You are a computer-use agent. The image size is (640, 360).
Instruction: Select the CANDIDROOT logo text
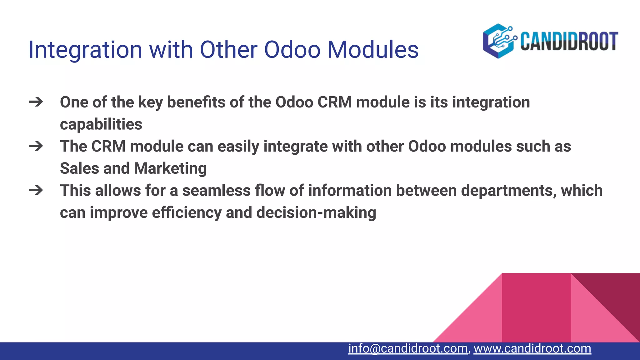[569, 41]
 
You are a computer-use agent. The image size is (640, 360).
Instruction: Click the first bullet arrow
[36, 102]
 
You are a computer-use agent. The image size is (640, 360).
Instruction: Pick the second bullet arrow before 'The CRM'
[36, 146]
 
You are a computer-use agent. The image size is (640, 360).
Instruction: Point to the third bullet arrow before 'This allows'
[36, 190]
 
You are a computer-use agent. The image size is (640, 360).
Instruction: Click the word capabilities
[101, 124]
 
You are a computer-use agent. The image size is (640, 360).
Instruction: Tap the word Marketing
[170, 168]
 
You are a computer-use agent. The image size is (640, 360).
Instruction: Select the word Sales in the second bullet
[79, 168]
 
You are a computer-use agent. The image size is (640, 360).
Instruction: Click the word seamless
[216, 191]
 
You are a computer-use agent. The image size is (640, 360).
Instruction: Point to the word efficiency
[187, 213]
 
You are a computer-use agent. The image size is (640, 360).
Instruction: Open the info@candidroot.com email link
[408, 348]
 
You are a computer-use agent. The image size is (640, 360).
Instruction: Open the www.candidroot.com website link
[532, 348]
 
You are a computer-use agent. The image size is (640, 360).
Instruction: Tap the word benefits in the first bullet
[196, 102]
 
